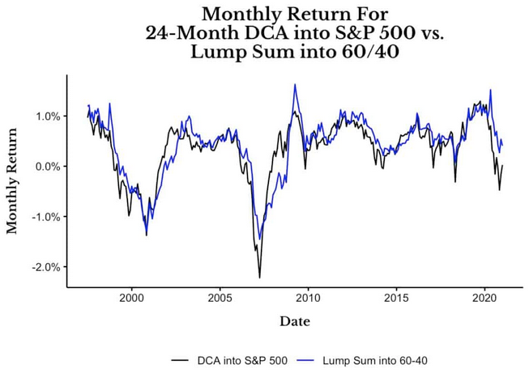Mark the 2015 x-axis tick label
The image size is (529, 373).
396,296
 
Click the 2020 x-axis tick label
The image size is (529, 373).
484,296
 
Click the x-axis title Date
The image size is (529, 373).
295,321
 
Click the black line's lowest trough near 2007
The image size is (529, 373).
260,278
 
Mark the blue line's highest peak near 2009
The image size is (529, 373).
295,84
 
